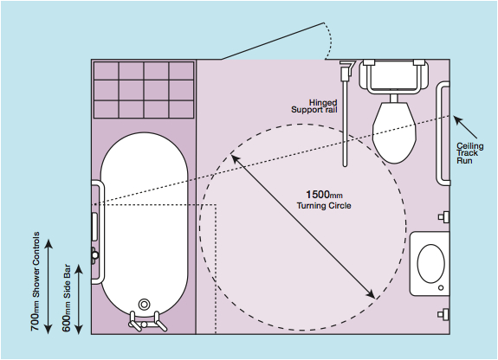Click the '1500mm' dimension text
(324, 195)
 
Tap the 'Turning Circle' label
(324, 206)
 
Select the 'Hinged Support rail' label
(314, 106)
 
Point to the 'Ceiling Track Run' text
(470, 153)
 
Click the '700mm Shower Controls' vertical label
(36, 281)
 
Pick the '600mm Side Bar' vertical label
(67, 298)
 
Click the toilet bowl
(394, 132)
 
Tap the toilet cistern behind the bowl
(394, 76)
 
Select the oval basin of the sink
(430, 263)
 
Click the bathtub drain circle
(144, 304)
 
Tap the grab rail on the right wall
(443, 133)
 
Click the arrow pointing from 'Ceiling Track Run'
(465, 127)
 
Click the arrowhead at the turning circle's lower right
(371, 294)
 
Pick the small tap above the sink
(443, 217)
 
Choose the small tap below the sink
(443, 314)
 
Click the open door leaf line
(273, 41)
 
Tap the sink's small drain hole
(441, 288)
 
